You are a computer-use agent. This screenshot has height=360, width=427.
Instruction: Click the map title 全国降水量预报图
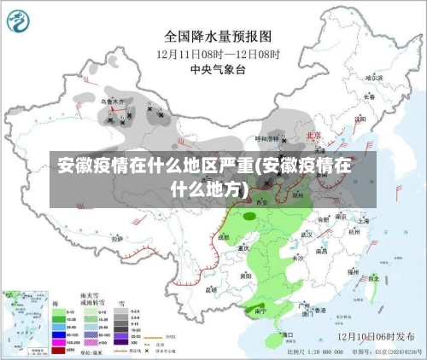pos(217,38)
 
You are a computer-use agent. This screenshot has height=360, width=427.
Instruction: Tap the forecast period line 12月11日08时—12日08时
pos(217,54)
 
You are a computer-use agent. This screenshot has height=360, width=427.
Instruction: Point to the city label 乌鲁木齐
pos(114,102)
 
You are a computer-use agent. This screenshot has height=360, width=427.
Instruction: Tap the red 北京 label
pos(314,136)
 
